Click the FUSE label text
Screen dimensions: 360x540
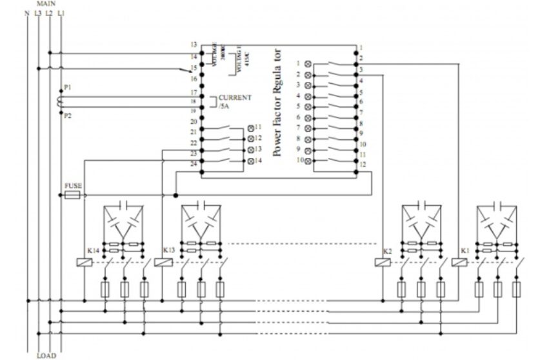point(73,185)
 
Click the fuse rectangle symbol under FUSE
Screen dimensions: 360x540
point(73,194)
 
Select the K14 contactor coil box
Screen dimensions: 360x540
point(83,262)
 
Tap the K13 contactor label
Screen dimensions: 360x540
point(169,250)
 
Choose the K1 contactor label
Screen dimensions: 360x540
point(465,250)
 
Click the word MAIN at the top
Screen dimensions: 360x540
point(46,3)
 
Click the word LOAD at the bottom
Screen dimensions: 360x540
point(46,355)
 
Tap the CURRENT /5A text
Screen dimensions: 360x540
point(233,101)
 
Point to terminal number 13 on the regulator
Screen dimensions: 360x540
point(194,45)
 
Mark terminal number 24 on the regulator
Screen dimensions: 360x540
point(194,163)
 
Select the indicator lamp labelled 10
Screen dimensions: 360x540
point(308,160)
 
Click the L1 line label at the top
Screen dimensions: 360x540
point(61,12)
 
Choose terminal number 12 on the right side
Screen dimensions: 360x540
point(363,165)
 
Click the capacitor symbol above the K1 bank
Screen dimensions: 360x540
point(497,206)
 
